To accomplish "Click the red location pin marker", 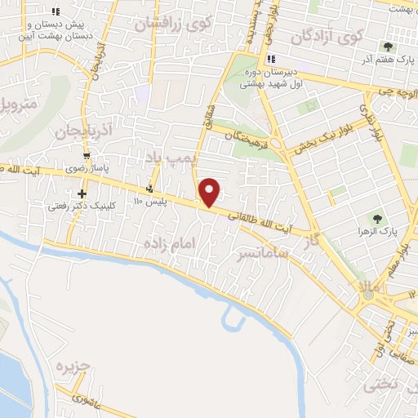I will tap(211, 191).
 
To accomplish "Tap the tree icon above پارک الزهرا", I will tap(376, 218).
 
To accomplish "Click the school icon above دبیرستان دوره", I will tap(270, 59).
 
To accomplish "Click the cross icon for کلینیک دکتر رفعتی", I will tap(82, 193).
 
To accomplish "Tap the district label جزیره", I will tap(73, 367).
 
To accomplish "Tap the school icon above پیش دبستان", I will tap(56, 12).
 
